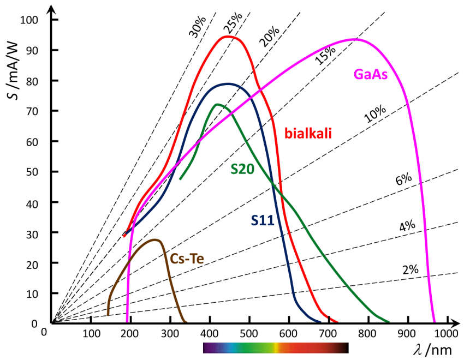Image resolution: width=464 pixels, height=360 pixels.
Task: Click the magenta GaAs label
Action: coord(371,74)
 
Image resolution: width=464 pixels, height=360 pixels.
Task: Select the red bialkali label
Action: coord(308,133)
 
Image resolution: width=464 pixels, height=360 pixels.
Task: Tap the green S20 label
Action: coord(242,169)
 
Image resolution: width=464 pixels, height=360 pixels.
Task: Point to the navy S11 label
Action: coord(263,220)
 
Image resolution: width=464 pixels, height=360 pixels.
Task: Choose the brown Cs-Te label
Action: coord(187,259)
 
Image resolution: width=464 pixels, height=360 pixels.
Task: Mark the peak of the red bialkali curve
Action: coord(229,37)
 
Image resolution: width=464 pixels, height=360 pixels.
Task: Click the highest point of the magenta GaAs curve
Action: coord(354,39)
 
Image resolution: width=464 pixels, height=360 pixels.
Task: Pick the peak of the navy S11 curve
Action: coord(230,83)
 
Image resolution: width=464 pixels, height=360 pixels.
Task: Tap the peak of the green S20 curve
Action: coord(218,104)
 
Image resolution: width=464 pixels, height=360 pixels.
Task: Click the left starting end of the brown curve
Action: coord(108,314)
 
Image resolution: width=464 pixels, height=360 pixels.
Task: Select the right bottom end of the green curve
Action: coord(389,321)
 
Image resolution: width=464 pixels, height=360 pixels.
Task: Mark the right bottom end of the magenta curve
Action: coord(435,321)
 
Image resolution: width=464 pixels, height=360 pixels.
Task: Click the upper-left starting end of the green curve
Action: coord(180,178)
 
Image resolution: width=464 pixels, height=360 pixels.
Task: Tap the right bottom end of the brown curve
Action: coord(186,321)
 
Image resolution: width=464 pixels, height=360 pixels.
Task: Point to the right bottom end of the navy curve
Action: coord(320,321)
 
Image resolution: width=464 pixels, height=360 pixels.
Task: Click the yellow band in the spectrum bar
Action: coord(277,348)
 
